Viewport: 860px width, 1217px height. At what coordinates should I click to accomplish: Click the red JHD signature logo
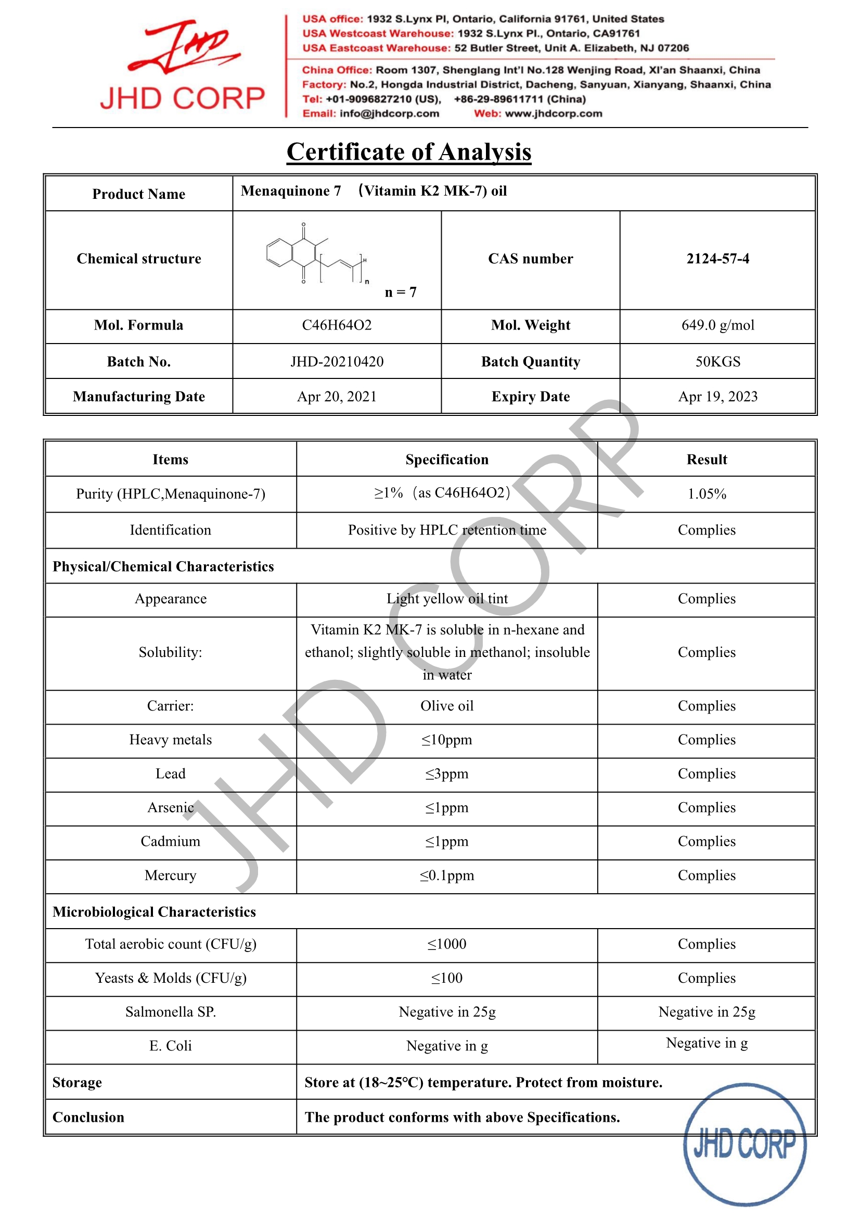coord(183,47)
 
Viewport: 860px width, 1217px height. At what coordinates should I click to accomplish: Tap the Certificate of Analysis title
coord(408,152)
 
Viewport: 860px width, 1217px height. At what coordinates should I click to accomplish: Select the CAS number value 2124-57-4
coord(717,259)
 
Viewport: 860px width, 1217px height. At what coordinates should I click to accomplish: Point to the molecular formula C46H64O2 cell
coord(337,325)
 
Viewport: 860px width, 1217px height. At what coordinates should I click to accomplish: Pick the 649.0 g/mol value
coord(717,325)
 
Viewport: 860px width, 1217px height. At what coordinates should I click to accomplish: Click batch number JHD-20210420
coord(337,361)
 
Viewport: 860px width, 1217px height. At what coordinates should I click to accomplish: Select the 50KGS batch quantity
coord(717,361)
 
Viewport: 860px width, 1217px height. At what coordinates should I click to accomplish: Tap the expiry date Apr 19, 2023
coord(717,397)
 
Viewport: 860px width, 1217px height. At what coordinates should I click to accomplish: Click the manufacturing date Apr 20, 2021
coord(337,397)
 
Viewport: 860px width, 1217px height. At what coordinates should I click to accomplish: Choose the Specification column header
coord(447,460)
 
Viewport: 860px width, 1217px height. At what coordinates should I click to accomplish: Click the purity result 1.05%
coord(707,494)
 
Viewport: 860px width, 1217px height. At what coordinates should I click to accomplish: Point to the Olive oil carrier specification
coord(447,706)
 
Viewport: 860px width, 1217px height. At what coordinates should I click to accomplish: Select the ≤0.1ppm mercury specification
coord(447,876)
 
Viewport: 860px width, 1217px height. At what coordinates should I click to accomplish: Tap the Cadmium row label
coord(170,842)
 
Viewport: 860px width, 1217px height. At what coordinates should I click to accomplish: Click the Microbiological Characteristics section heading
coord(153,911)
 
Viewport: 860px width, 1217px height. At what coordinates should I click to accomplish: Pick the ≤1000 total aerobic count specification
coord(447,944)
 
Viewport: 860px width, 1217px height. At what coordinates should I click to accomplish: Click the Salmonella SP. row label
coord(170,1012)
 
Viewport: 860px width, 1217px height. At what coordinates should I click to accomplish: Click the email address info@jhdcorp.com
coord(390,113)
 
